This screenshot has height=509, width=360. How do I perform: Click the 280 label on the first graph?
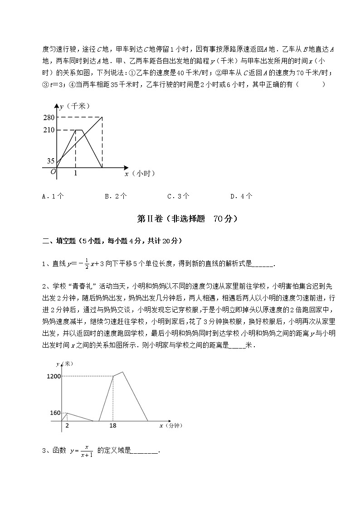tap(49, 117)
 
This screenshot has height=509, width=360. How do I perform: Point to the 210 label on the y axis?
tap(49, 130)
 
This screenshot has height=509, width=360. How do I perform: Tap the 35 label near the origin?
tap(50, 161)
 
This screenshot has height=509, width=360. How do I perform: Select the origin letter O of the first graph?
tap(53, 171)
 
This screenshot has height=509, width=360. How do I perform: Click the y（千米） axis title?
tap(75, 106)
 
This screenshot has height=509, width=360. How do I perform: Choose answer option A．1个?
tap(53, 196)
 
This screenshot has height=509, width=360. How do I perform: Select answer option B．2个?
tap(116, 196)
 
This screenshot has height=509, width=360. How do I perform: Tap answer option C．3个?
tap(178, 196)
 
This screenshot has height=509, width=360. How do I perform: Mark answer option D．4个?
tap(241, 196)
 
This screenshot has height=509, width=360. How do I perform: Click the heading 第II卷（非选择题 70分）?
tap(187, 219)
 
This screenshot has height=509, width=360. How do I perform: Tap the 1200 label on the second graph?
tap(53, 376)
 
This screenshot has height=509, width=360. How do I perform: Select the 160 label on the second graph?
tap(55, 413)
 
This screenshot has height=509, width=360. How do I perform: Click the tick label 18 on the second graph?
tap(113, 426)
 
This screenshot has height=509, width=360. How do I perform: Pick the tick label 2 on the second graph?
tap(67, 426)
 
